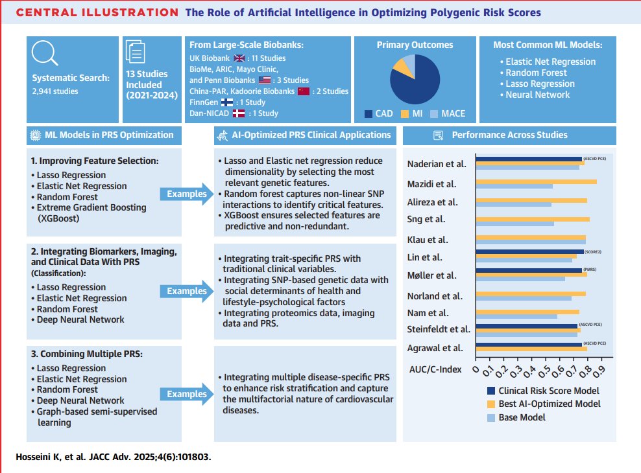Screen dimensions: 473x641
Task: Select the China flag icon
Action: click(304, 91)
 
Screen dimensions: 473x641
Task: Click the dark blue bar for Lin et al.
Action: click(529, 251)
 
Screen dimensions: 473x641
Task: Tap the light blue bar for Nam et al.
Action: click(516, 316)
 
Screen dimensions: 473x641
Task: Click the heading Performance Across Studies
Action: click(509, 135)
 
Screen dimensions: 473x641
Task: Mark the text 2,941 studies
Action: click(55, 91)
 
